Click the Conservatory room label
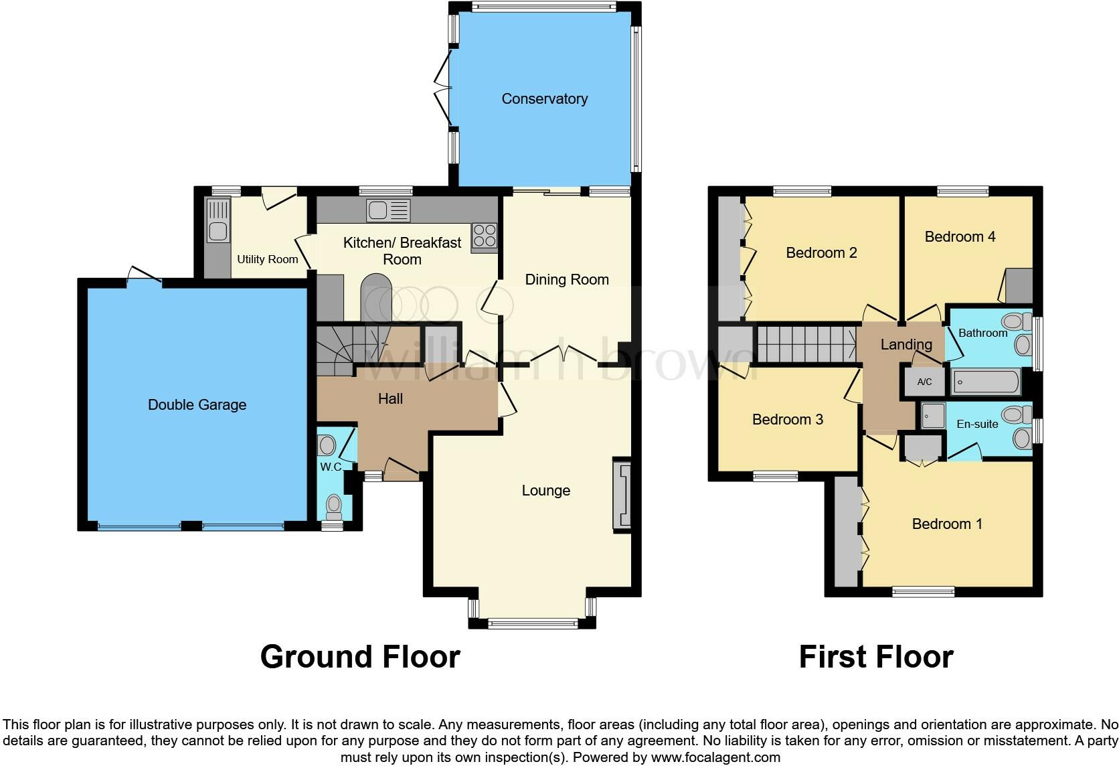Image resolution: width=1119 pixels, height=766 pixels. click(x=544, y=99)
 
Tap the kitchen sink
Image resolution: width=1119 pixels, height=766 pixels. click(x=388, y=211)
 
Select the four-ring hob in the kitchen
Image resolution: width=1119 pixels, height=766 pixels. click(x=485, y=236)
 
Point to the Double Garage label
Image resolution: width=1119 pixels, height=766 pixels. click(x=197, y=404)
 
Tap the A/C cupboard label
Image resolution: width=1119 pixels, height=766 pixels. click(x=924, y=382)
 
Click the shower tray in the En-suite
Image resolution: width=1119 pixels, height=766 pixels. click(x=933, y=416)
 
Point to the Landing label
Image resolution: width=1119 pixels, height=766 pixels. click(x=906, y=345)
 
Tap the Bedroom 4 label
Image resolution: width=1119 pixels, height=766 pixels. click(x=960, y=236)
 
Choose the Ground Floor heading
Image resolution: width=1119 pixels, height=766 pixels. click(x=360, y=657)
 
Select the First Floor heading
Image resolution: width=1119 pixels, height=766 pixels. click(x=875, y=657)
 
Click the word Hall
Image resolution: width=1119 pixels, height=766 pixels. click(x=390, y=399)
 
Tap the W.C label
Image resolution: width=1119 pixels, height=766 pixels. click(x=331, y=467)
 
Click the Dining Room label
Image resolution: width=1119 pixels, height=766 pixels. click(x=566, y=280)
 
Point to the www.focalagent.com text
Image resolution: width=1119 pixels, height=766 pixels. click(x=715, y=758)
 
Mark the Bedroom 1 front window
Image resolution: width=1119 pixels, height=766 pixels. click(x=924, y=591)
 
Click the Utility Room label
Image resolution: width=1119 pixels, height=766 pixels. click(x=267, y=259)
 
